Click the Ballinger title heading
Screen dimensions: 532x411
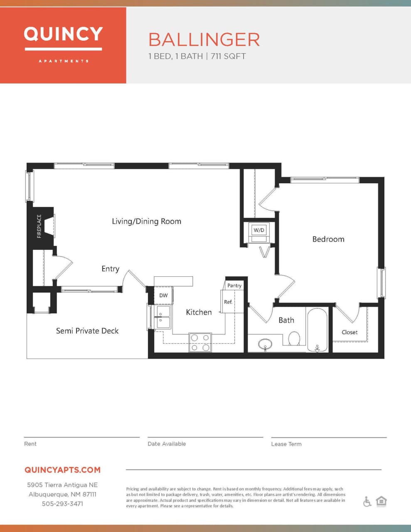[x=204, y=40]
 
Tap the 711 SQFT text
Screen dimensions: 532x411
[x=228, y=56]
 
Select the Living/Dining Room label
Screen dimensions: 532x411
[x=146, y=221]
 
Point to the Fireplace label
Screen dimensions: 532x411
[x=39, y=226]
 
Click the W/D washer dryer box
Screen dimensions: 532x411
[x=259, y=230]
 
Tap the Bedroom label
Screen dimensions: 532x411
[x=328, y=239]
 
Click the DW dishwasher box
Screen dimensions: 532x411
[x=163, y=296]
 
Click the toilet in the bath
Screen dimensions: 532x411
[x=294, y=339]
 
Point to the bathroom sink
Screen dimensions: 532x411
[x=265, y=344]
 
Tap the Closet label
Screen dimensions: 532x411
[x=349, y=332]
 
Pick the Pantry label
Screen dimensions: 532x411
[x=234, y=286]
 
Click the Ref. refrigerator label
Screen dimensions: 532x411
[x=228, y=302]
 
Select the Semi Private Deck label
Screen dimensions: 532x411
[x=87, y=331]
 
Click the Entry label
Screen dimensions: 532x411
[x=110, y=269]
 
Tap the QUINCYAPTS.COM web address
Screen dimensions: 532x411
[x=62, y=470]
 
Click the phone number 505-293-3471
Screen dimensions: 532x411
[x=62, y=503]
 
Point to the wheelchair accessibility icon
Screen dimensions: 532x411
[x=367, y=502]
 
